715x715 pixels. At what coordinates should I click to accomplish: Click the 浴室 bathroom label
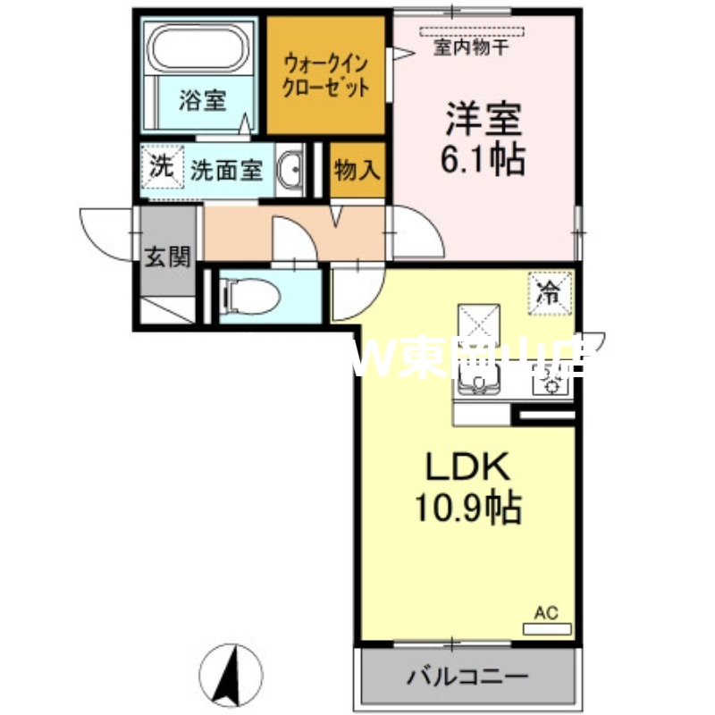(201, 99)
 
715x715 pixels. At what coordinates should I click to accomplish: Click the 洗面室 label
(226, 170)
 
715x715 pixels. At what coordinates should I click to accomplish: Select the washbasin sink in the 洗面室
(290, 170)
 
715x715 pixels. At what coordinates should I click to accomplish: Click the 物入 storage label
(357, 170)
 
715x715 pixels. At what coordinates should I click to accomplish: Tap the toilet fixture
(240, 294)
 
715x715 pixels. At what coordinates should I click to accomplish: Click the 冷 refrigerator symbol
(551, 290)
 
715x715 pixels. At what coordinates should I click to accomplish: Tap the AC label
(546, 613)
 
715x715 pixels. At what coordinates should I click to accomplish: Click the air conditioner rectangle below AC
(546, 628)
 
